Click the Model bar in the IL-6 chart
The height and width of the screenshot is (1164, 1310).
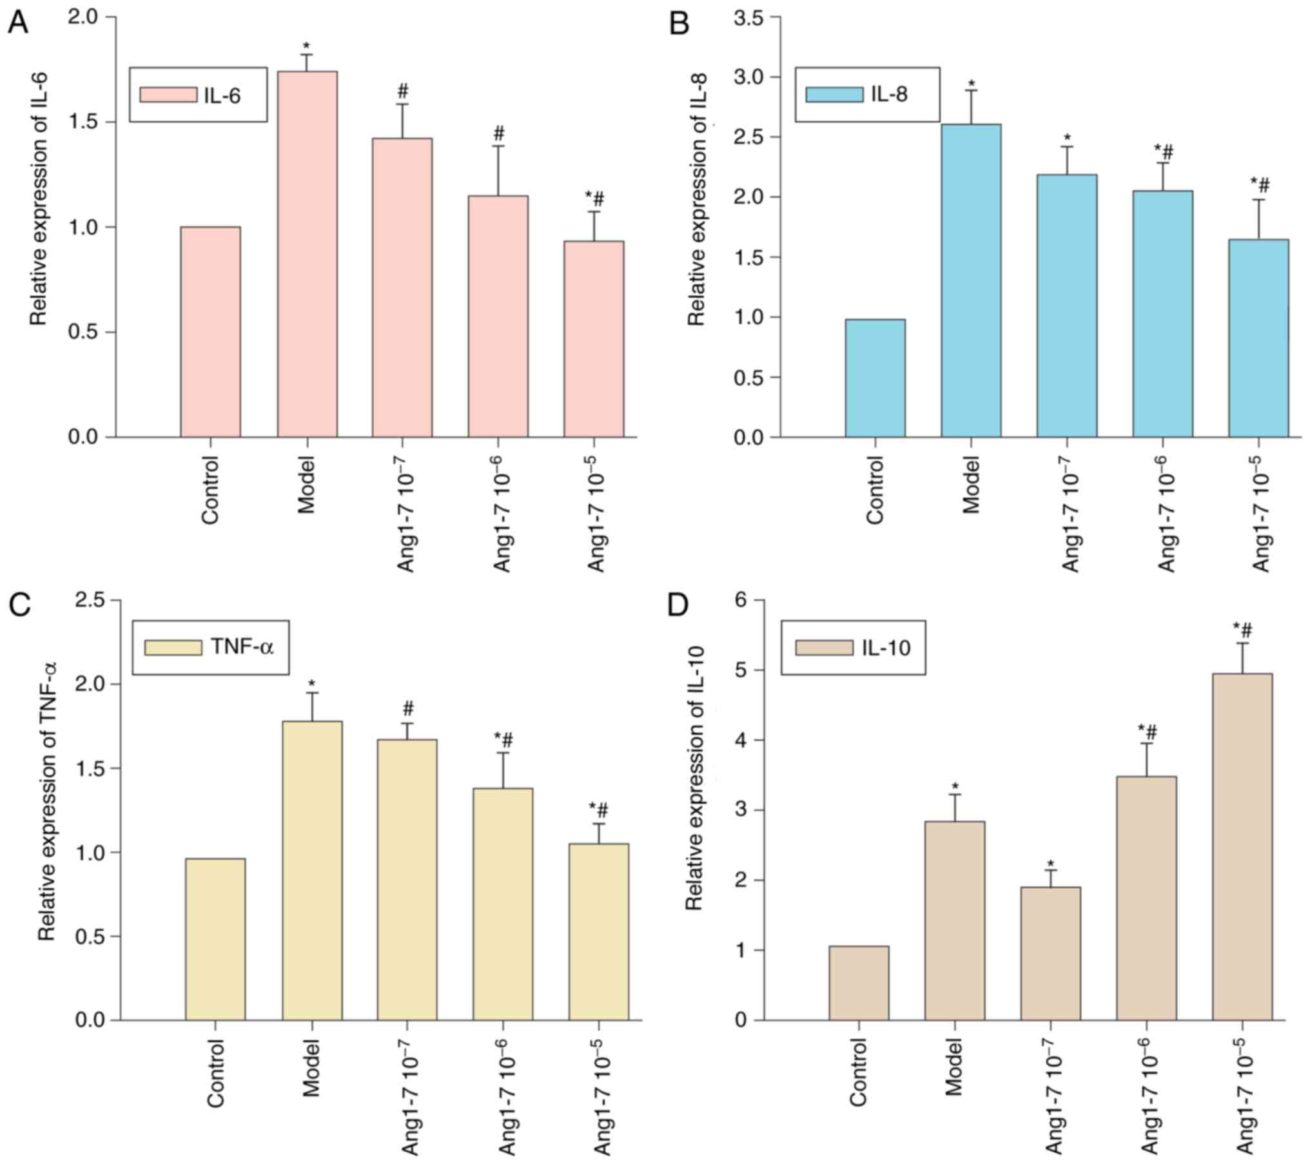pos(307,254)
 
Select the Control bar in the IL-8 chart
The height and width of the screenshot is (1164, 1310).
pos(875,378)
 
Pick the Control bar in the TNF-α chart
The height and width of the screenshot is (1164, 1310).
pos(215,939)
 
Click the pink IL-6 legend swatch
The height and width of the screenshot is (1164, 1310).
pos(168,95)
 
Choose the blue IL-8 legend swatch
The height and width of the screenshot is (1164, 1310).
pos(834,95)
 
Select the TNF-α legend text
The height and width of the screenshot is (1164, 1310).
pos(242,647)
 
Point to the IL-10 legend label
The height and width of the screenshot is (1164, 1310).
pos(886,647)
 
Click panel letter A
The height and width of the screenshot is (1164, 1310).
pos(17,24)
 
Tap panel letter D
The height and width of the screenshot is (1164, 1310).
pos(678,607)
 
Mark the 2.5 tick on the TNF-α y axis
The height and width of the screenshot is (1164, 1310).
pos(91,600)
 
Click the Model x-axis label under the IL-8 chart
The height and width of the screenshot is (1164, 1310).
pos(972,484)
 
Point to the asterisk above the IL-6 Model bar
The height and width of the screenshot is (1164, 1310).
pos(307,46)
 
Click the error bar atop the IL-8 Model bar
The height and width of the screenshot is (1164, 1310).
pos(971,107)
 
